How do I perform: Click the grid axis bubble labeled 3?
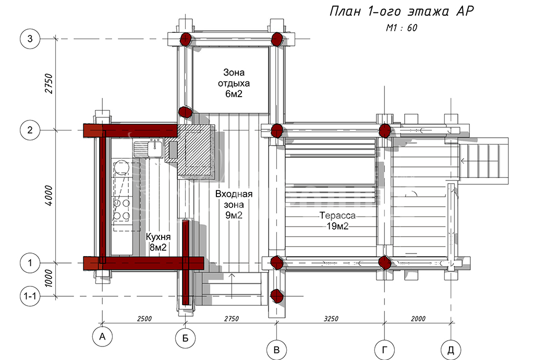point(30,39)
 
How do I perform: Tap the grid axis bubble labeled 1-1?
point(30,296)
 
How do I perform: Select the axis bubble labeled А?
point(102,337)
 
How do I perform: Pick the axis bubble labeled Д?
point(451,350)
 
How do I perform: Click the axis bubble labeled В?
point(276,350)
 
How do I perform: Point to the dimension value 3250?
point(331,319)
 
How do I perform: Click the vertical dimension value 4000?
point(49,196)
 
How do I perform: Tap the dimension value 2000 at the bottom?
point(418,319)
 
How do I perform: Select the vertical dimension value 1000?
point(49,279)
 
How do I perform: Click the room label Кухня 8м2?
point(158,242)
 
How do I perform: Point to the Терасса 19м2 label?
point(337,221)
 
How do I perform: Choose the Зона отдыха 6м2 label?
point(234,83)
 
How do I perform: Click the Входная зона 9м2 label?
point(234,205)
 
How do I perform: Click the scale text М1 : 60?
point(402,28)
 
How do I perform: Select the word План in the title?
point(345,11)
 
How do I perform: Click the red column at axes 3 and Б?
point(186,39)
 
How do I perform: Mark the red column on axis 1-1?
point(277,296)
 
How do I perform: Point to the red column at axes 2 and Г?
point(385,130)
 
